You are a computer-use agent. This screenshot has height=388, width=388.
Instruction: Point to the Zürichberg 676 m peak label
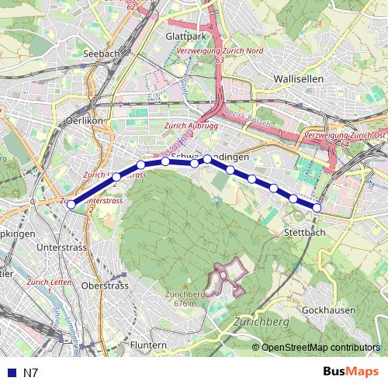[x=185, y=298]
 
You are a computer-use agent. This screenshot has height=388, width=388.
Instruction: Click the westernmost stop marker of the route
[x=71, y=205]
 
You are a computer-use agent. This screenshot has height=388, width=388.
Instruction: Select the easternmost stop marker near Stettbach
[x=317, y=207]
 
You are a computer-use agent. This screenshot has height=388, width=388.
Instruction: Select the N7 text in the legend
[x=30, y=372]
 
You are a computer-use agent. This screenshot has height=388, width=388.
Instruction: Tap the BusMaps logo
[x=352, y=372]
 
